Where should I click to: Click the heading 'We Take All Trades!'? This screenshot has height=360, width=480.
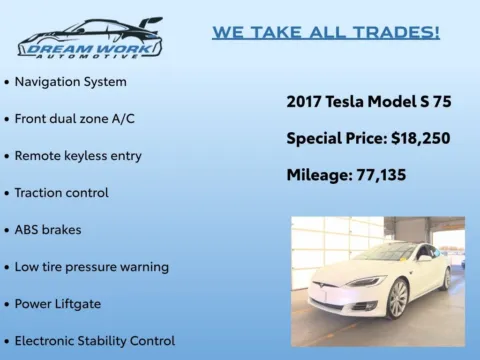[326, 32]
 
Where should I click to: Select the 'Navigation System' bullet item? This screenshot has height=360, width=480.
[70, 81]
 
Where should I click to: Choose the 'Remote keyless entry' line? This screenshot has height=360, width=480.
[78, 155]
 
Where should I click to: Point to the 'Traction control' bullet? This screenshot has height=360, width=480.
[62, 192]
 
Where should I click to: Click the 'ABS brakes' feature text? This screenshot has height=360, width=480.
[48, 229]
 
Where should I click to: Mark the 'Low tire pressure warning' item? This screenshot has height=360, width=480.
[91, 266]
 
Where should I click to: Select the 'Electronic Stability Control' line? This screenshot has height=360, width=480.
[95, 340]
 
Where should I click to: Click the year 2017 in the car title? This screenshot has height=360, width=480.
[303, 101]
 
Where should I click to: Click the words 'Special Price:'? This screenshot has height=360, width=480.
[328, 138]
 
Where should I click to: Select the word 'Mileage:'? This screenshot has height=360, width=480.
[318, 175]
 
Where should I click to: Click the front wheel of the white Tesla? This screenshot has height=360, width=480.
[398, 297]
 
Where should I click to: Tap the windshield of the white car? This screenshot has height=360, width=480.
[381, 253]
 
